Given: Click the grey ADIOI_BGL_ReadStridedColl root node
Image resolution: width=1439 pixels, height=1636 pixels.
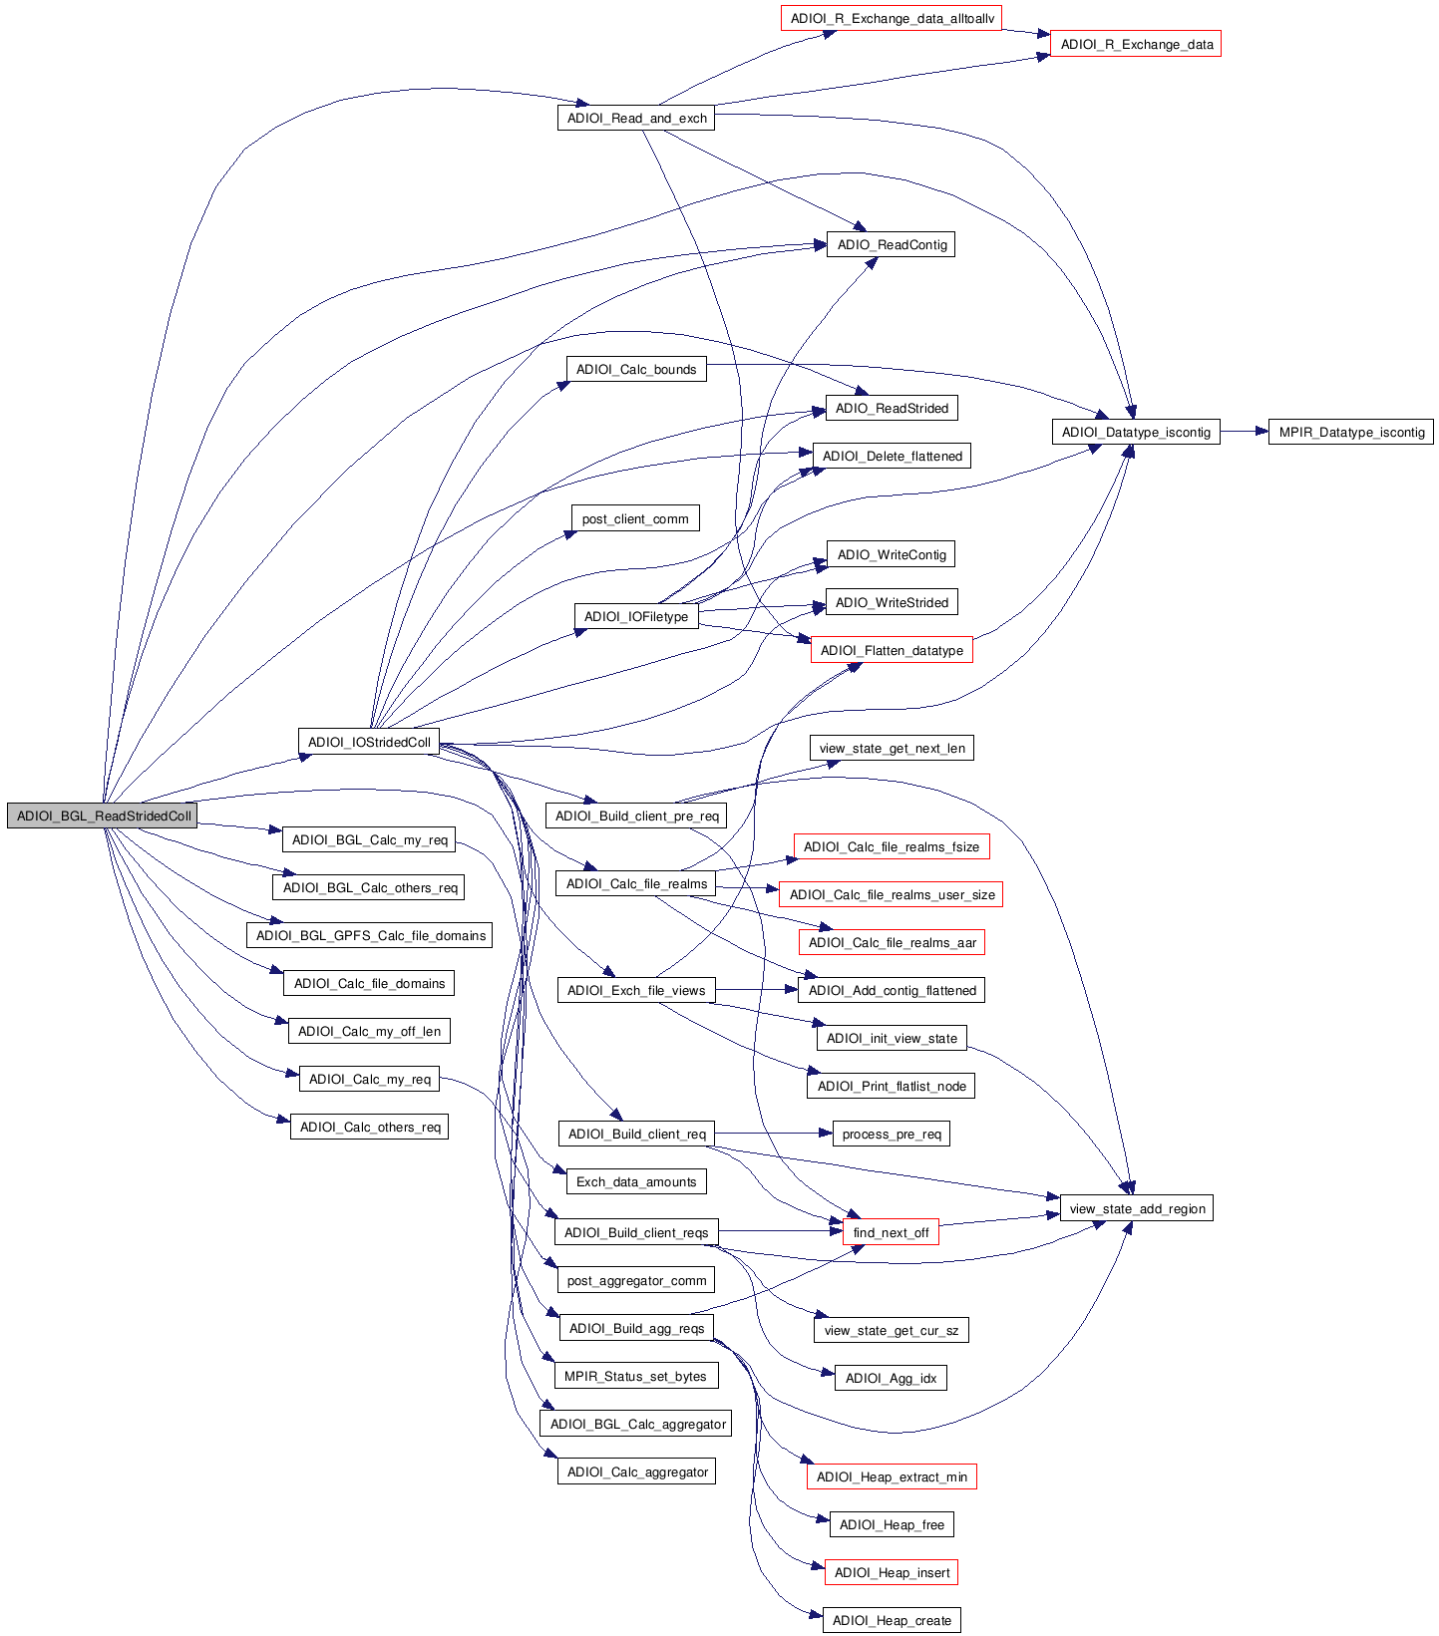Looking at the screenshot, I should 103,816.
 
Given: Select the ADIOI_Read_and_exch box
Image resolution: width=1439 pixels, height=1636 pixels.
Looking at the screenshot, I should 636,118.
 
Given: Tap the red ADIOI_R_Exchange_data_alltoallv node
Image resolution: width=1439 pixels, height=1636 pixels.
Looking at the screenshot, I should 891,18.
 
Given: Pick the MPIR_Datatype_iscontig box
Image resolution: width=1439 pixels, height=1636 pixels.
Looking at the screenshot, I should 1351,432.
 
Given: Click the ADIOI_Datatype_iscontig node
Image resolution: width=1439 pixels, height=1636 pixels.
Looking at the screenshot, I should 1136,432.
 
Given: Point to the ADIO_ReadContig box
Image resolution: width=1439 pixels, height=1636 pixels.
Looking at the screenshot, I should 891,244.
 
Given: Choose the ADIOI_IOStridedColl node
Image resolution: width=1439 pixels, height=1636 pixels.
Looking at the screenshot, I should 369,742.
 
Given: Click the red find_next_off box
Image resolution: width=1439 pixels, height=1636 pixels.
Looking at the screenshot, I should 891,1232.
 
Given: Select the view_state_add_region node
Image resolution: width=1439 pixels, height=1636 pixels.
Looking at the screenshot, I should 1137,1208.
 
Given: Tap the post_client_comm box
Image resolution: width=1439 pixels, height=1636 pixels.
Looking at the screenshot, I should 635,518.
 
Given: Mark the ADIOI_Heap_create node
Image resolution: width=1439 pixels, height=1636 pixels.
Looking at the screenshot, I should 892,1620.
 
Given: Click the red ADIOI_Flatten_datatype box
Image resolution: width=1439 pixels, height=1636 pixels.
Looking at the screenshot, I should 891,650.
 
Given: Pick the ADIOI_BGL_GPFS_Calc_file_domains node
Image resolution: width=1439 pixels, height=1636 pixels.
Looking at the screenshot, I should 370,935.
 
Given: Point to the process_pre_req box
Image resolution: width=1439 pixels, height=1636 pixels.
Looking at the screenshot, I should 891,1134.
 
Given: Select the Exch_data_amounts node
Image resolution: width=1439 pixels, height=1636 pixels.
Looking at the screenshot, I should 636,1181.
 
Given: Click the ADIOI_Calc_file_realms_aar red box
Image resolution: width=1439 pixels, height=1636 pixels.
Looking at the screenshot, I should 892,942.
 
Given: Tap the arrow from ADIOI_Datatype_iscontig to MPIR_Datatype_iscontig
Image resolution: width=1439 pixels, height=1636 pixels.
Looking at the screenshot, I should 1244,432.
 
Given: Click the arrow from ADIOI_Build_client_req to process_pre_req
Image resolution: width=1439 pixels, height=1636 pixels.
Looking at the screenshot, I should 774,1134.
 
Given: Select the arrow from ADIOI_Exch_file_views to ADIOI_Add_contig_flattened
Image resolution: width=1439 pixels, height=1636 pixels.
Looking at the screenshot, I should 756,990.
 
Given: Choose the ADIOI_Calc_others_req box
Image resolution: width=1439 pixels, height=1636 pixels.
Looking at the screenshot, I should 369,1127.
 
